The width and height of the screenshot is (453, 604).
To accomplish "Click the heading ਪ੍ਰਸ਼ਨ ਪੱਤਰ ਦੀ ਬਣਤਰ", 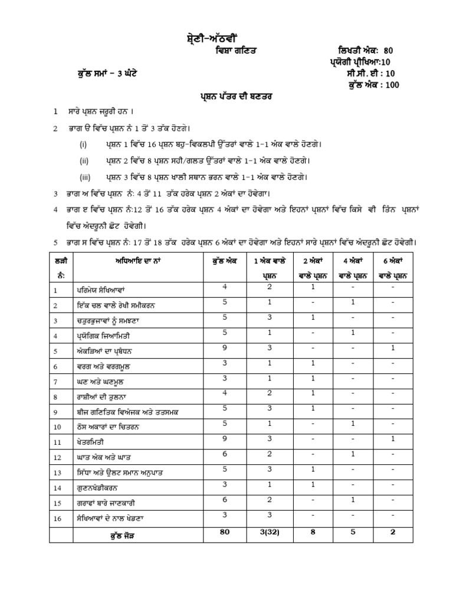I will (x=226, y=96).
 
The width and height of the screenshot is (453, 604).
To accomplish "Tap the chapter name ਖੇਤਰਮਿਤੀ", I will (x=91, y=441).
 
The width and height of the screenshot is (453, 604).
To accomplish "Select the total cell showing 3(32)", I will (x=267, y=531).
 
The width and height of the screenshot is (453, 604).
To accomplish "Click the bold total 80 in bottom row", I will (x=224, y=531).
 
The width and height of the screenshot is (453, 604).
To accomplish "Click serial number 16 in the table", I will (x=57, y=518).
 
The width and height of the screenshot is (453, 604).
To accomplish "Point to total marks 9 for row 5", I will (x=224, y=347).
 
